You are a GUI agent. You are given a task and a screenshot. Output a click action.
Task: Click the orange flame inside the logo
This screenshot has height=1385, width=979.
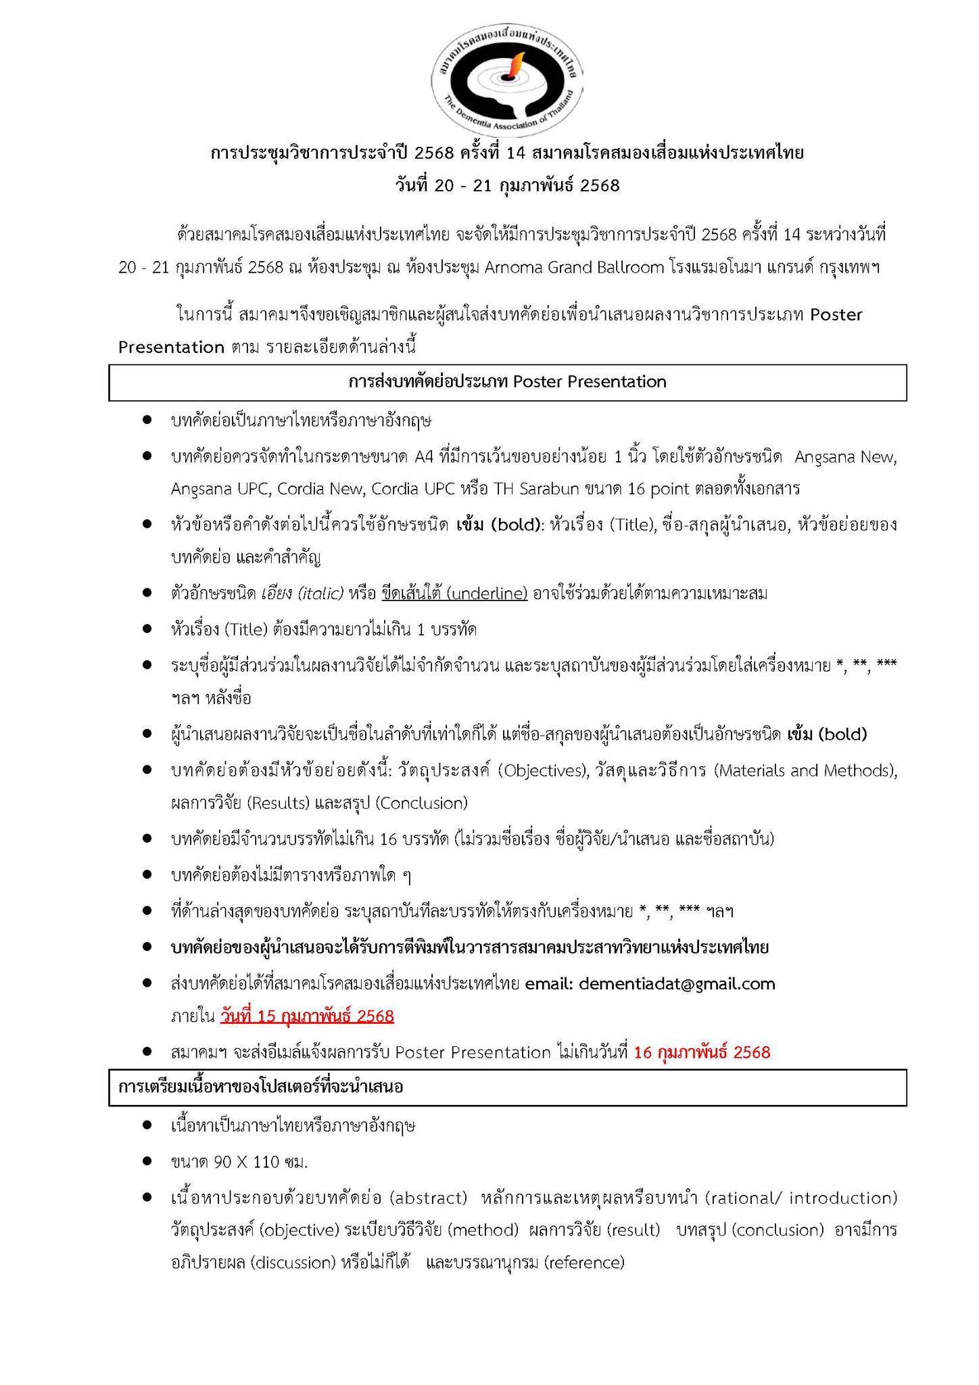pyautogui.click(x=515, y=64)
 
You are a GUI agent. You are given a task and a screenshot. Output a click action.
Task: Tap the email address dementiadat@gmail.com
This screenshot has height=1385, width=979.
pyautogui.click(x=677, y=983)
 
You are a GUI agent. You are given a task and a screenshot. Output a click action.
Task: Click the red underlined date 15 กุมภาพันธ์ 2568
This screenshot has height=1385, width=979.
pyautogui.click(x=307, y=1016)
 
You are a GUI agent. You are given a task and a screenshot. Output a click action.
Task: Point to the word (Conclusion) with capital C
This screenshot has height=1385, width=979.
pyautogui.click(x=421, y=803)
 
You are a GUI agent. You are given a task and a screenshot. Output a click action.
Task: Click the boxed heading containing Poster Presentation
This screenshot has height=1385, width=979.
pyautogui.click(x=507, y=382)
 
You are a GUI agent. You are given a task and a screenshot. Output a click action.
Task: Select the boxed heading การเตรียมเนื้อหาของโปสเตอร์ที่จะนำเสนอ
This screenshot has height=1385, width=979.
pyautogui.click(x=260, y=1087)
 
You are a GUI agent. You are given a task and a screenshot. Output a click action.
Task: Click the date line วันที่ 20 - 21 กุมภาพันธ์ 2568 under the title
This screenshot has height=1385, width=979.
pyautogui.click(x=507, y=185)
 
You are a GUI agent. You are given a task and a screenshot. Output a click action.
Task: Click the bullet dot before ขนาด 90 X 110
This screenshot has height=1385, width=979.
pyautogui.click(x=147, y=1163)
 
